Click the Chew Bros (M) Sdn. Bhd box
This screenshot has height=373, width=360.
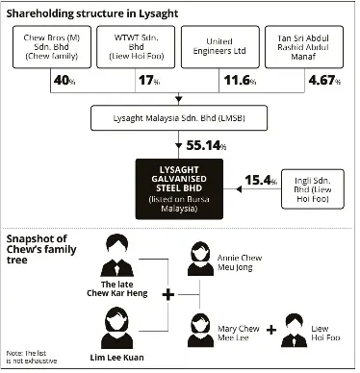click(52, 47)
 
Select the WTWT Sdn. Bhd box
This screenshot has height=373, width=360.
click(136, 47)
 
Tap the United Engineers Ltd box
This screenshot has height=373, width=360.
click(220, 47)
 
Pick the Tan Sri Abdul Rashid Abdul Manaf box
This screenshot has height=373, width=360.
click(304, 47)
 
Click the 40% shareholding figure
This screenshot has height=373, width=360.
click(64, 80)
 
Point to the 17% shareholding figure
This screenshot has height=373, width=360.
click(149, 80)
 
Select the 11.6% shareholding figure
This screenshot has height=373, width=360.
click(240, 80)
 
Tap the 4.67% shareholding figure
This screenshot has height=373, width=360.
click(324, 80)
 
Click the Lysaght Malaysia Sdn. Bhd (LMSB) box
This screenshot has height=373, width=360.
click(179, 118)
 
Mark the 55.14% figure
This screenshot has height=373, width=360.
click(206, 145)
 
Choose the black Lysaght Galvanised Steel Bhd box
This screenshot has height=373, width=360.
click(179, 189)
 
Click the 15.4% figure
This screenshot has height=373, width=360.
click(261, 181)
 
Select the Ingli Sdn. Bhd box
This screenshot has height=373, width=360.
click(313, 189)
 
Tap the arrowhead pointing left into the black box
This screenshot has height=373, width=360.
click(239, 189)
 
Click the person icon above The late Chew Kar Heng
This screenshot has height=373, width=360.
click(117, 256)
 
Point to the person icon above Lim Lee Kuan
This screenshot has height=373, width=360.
click(116, 328)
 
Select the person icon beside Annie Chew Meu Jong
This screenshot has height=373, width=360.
click(200, 259)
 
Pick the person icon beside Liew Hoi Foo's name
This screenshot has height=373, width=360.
click(294, 331)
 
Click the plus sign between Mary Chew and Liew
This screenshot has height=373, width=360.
click(271, 330)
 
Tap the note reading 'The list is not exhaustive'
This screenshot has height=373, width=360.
click(32, 357)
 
